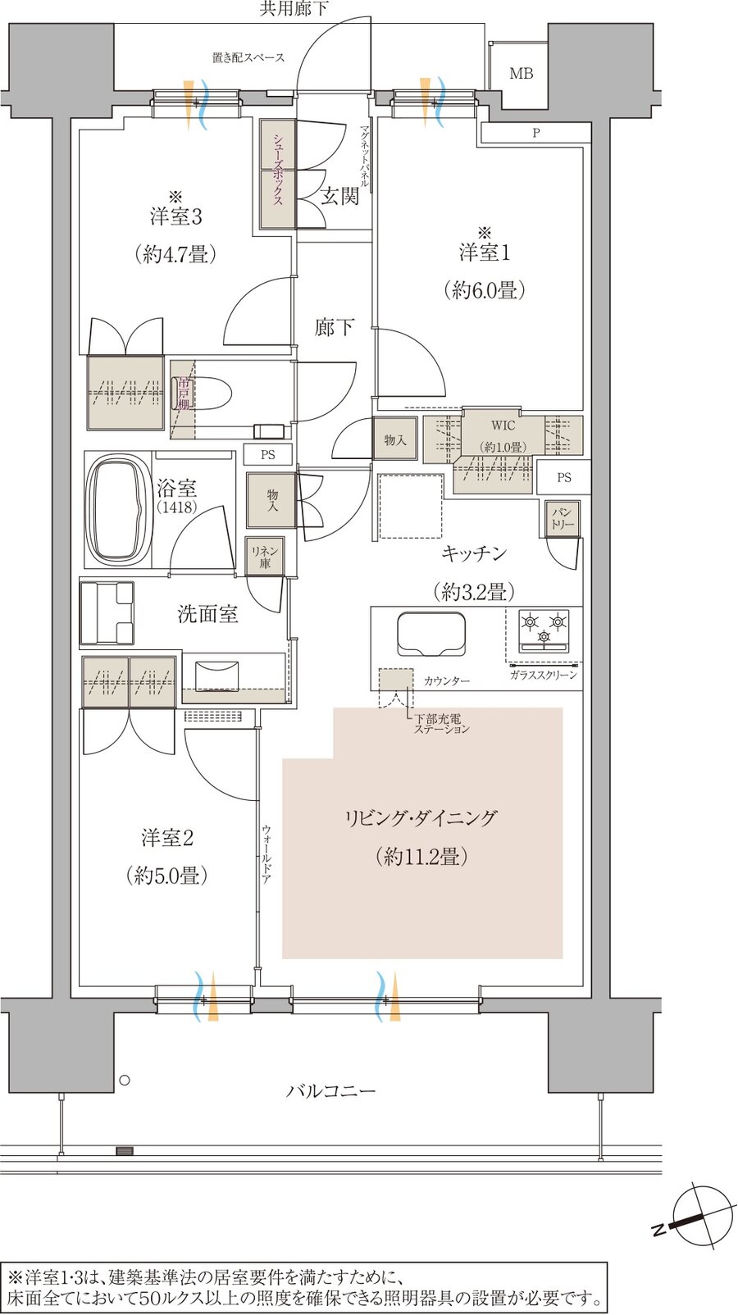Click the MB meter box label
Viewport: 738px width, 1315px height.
(521, 74)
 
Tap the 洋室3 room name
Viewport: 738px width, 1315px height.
(176, 216)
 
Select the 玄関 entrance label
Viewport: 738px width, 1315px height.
(340, 195)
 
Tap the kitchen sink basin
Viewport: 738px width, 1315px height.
(431, 634)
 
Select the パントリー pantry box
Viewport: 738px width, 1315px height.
(563, 518)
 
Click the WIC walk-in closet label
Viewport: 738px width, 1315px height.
(503, 425)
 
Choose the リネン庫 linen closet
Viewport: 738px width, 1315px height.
(265, 556)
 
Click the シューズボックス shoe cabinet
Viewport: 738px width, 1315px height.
(278, 174)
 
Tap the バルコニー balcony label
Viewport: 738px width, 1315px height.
(331, 1091)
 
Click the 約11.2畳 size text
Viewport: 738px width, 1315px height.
(421, 857)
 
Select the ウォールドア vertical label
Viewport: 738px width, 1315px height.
(266, 854)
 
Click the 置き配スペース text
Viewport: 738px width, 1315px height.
(248, 57)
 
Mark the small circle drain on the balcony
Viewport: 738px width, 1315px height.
(124, 1080)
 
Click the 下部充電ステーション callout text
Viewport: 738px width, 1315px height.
(442, 724)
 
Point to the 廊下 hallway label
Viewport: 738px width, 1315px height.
(334, 327)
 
